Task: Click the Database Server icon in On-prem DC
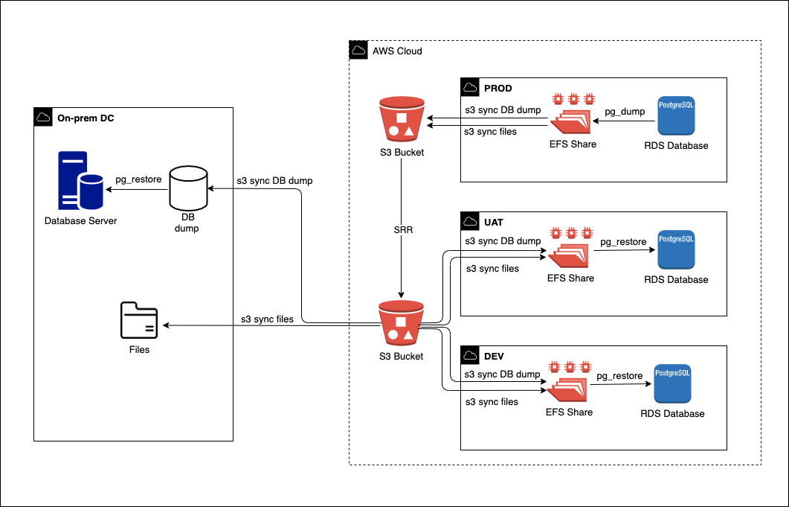81,182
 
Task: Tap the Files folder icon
139,321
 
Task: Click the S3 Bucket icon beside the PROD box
401,119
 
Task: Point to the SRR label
403,230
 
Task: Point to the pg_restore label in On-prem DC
138,180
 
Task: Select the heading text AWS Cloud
397,51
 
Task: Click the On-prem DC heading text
86,118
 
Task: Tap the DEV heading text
495,356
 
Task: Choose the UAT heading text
493,222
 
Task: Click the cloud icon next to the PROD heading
470,88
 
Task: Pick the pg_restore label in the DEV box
619,376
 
